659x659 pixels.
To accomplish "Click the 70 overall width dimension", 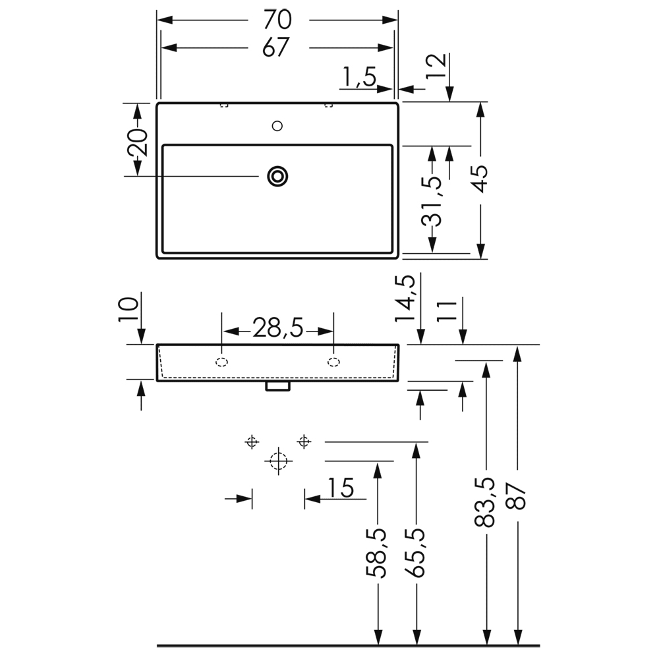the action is tap(277, 20).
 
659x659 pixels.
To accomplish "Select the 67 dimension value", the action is tap(276, 47).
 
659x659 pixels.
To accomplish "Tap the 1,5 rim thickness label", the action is tap(359, 76).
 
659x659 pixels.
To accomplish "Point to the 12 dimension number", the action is tap(436, 66).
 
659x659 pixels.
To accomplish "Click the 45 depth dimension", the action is tap(480, 179).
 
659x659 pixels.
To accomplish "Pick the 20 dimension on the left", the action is tap(138, 142).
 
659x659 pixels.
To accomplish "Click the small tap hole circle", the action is tap(277, 126).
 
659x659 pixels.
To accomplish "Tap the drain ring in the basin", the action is tap(277, 176).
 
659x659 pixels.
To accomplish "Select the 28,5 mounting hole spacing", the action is tap(277, 328).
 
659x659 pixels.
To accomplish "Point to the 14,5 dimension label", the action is tap(405, 299).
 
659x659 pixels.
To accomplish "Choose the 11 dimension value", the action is tap(447, 311).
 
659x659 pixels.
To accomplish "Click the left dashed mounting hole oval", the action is tap(222, 362).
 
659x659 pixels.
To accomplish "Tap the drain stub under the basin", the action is tap(278, 386).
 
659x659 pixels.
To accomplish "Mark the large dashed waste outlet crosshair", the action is tap(278, 461).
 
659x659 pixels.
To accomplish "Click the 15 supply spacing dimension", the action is tap(341, 488).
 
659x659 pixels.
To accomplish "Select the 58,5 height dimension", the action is tap(376, 553).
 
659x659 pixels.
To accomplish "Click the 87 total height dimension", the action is tap(516, 496).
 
